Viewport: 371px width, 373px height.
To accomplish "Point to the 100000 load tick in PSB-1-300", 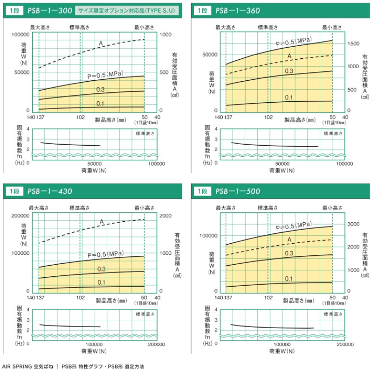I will pyautogui.click(x=19, y=35).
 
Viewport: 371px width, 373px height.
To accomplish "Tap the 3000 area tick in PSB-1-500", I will pyautogui.click(x=354, y=224).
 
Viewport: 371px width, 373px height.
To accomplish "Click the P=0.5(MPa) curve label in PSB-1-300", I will pyautogui.click(x=105, y=74).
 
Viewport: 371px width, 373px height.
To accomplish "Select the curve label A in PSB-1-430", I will pyautogui.click(x=102, y=221).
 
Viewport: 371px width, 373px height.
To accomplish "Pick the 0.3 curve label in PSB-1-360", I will pyautogui.click(x=289, y=71).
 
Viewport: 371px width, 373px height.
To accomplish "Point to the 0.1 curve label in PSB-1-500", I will pyautogui.click(x=289, y=279).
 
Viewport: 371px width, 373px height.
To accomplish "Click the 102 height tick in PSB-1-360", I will pyautogui.click(x=268, y=117).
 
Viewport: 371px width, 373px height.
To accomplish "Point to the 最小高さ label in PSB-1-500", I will pyautogui.click(x=332, y=208).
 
